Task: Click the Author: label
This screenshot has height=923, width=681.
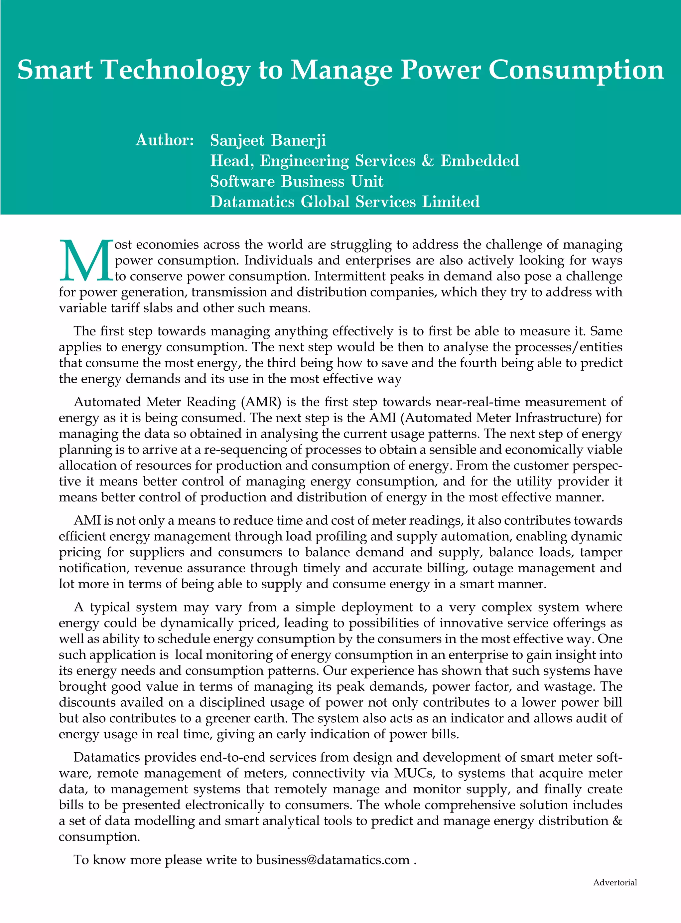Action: point(165,140)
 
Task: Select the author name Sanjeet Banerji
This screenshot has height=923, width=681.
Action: point(268,140)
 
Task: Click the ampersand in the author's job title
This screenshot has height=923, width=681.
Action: point(428,160)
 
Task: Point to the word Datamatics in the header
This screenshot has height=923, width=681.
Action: point(252,202)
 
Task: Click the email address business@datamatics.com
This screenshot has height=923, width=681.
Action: point(333,860)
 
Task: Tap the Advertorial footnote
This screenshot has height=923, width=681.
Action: point(614,883)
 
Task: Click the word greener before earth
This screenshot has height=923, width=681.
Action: point(232,718)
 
